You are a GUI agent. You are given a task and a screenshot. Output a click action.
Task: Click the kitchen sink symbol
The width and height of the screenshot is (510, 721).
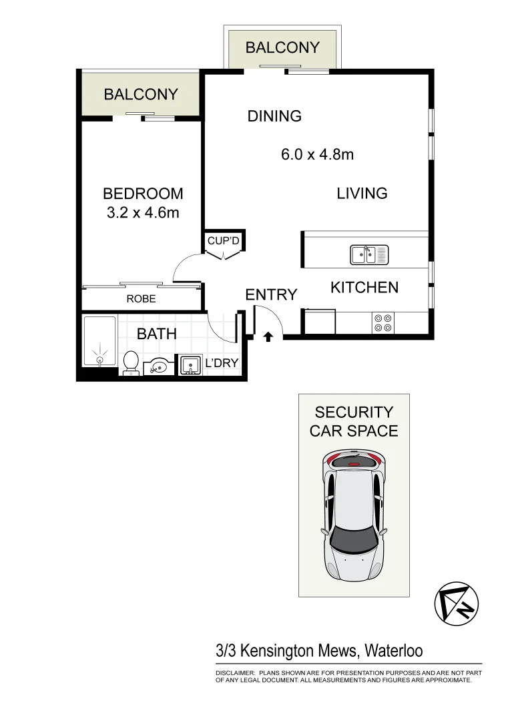[369, 254]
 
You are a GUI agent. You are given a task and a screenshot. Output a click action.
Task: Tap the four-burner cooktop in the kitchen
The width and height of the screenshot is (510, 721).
[382, 323]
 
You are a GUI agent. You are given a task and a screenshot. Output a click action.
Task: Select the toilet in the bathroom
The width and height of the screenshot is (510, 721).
[131, 362]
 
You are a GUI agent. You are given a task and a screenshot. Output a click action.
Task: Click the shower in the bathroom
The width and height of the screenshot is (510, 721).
[99, 341]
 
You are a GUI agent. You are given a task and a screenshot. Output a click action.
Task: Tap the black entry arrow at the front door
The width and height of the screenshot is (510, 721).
[268, 337]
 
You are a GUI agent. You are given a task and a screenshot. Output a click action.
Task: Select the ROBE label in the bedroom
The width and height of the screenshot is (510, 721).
[141, 299]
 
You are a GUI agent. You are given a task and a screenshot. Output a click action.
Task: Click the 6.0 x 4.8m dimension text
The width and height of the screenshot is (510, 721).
[317, 155]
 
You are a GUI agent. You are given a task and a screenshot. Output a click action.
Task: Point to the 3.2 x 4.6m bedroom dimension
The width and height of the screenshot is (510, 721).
[143, 213]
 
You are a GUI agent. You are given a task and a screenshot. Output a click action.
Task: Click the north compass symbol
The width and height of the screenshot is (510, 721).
[456, 603]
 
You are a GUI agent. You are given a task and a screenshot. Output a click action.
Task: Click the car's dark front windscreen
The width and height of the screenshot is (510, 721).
[353, 537]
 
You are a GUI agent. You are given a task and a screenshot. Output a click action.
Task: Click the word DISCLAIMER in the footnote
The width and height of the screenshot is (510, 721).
[235, 673]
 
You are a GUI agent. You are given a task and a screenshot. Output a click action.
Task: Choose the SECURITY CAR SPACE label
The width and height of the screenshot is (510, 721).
[354, 421]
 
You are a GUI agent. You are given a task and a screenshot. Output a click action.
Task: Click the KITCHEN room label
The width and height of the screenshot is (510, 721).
[364, 288]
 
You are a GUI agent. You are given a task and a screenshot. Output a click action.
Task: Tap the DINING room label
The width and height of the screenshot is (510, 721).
[274, 116]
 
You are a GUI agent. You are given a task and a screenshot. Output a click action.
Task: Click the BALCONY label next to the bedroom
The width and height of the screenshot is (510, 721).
[141, 95]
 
